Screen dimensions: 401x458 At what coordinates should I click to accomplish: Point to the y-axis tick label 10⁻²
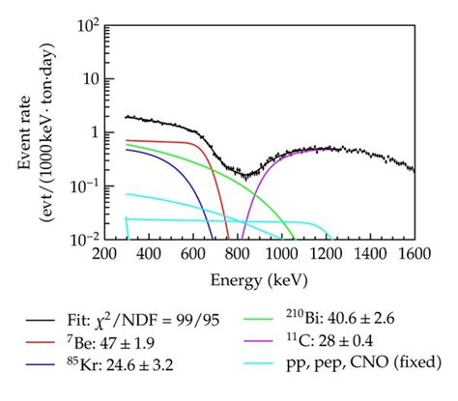pos(86,237)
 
